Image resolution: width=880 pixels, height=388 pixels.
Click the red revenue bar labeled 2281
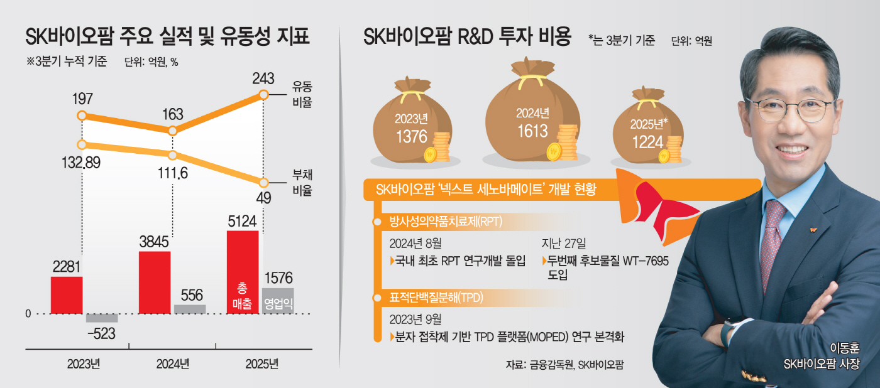(67, 294)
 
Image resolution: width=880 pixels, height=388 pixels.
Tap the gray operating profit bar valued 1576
(277, 300)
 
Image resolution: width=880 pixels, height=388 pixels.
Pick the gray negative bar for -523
(101, 318)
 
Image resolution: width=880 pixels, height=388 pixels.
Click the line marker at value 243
(264, 95)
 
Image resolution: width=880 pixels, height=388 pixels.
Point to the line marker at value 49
(264, 183)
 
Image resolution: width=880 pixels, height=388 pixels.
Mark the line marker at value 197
(81, 116)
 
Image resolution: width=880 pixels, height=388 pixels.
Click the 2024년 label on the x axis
(172, 364)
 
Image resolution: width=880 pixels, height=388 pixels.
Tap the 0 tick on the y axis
(28, 313)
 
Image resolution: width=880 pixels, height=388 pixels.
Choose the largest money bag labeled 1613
(531, 114)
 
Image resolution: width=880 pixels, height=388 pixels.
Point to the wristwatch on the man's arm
(729, 330)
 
